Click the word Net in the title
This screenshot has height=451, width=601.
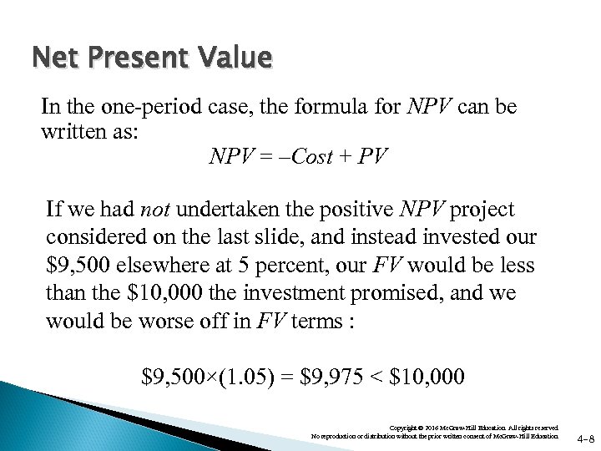coord(52,58)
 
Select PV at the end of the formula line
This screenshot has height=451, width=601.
coord(372,156)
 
